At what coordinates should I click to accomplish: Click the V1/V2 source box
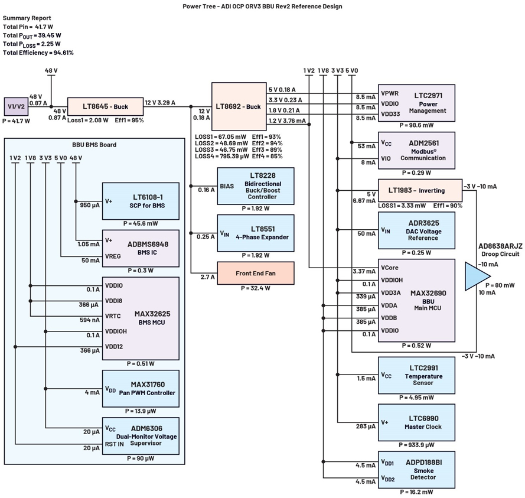coord(16,106)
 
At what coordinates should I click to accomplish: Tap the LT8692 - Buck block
coord(237,106)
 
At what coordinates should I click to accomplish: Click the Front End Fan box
coord(255,274)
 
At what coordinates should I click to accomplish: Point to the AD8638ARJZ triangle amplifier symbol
coord(477,276)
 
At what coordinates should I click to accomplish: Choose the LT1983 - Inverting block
coord(420,190)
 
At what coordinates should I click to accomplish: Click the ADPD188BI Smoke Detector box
coord(416,469)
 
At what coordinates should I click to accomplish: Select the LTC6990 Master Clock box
coord(416,422)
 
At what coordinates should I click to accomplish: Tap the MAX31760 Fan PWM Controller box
coord(141,388)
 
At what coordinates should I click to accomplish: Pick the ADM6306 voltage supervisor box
coord(141,436)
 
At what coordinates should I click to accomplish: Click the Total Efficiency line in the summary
coord(38,53)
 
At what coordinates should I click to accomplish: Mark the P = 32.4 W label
coord(255,288)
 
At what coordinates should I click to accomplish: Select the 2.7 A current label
coord(208,276)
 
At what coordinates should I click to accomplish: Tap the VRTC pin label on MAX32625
coord(113,316)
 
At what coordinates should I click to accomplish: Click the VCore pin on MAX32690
coord(390,268)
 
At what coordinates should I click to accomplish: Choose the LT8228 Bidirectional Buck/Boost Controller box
coord(255,185)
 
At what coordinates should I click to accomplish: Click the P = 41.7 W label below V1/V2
coord(16,121)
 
